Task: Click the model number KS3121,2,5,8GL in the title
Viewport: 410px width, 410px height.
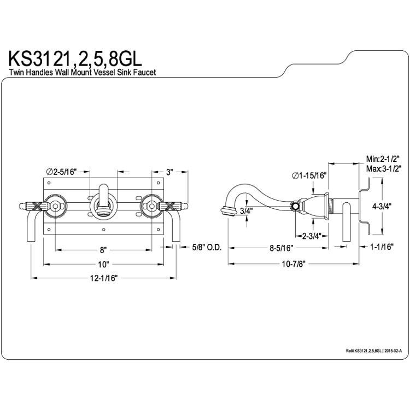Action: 75,59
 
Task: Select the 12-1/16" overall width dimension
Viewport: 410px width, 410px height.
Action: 104,278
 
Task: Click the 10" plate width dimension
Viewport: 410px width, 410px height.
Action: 103,264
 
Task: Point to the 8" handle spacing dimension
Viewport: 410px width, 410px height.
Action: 103,250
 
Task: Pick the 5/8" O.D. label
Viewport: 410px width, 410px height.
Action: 207,247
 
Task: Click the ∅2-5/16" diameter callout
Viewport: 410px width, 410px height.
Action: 61,172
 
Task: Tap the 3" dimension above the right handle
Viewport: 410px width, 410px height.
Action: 169,172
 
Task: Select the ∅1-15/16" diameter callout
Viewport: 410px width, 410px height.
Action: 309,175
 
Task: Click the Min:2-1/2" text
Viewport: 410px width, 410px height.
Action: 383,159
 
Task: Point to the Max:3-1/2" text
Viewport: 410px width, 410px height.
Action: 384,169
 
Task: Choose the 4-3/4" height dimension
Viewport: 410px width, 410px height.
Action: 382,206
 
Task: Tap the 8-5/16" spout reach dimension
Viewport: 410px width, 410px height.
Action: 282,248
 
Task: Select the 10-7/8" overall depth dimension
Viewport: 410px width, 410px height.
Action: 294,264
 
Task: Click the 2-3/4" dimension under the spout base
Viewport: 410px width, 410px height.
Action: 312,236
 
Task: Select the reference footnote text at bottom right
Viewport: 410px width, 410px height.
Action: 374,351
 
